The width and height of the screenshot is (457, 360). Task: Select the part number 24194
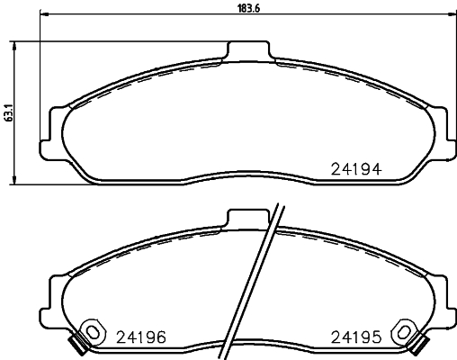(x=358, y=167)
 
